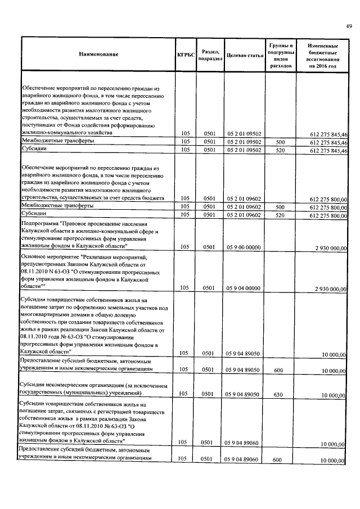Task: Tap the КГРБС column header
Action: [x=186, y=55]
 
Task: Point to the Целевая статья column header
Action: [x=244, y=55]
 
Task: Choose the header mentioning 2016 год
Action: [x=322, y=55]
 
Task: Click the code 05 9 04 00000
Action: [x=244, y=287]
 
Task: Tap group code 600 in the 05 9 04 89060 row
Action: [x=280, y=460]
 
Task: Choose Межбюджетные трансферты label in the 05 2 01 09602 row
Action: [x=57, y=206]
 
